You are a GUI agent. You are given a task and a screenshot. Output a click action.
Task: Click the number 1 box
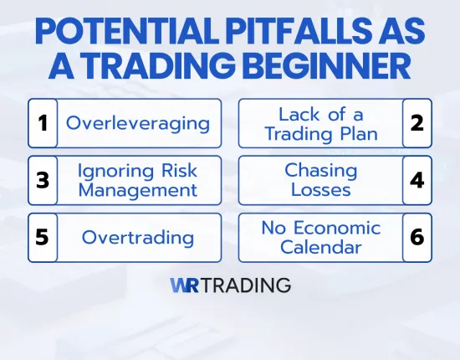click(x=42, y=124)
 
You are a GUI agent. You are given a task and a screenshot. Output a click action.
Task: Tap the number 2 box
click(x=417, y=124)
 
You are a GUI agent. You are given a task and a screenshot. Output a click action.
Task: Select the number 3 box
click(x=42, y=180)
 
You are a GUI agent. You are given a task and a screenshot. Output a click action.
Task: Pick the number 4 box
click(x=417, y=180)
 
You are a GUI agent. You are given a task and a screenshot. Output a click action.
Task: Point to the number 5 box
click(x=42, y=237)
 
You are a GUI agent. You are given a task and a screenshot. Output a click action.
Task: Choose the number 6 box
click(x=417, y=237)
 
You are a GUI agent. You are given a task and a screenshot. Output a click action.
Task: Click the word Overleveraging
click(x=137, y=124)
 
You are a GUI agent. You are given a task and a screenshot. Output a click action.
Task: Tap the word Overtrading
click(x=137, y=237)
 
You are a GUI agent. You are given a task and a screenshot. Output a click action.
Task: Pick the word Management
click(x=137, y=190)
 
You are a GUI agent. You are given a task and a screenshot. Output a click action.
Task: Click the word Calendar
click(x=320, y=247)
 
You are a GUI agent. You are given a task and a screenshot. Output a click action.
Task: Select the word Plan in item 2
click(x=360, y=133)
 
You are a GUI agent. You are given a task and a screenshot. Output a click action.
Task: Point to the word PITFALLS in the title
click(x=279, y=32)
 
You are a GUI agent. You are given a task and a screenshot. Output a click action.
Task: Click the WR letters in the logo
click(x=183, y=285)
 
